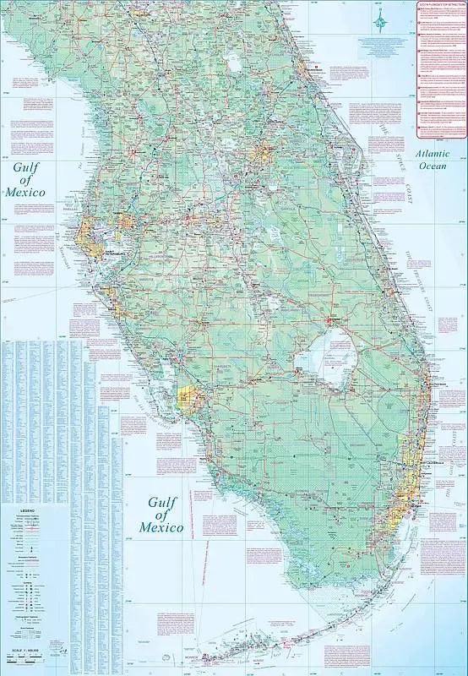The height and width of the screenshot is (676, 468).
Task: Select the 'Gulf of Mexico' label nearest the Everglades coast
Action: (x=166, y=514)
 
